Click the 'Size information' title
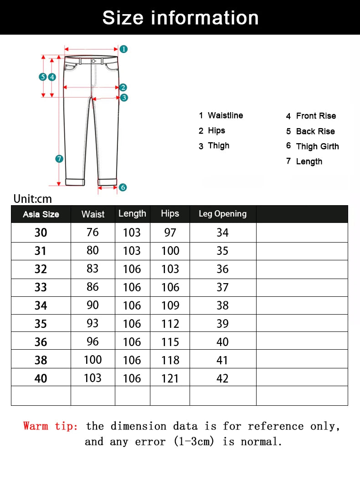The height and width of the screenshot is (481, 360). pyautogui.click(x=180, y=18)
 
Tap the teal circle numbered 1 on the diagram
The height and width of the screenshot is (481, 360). pyautogui.click(x=123, y=49)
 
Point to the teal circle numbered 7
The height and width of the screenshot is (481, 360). pyautogui.click(x=59, y=159)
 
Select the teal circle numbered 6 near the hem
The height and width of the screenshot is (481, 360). pyautogui.click(x=123, y=187)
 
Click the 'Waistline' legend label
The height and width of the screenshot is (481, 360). pyautogui.click(x=225, y=115)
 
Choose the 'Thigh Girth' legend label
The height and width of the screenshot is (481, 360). pyautogui.click(x=317, y=146)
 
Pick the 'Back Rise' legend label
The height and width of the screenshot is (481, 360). pyautogui.click(x=315, y=131)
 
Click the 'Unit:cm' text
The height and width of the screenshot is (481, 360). pyautogui.click(x=32, y=199)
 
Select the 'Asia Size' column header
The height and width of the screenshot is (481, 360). pyautogui.click(x=41, y=214)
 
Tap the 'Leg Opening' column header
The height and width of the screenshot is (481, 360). pyautogui.click(x=222, y=214)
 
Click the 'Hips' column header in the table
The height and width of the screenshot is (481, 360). pyautogui.click(x=170, y=213)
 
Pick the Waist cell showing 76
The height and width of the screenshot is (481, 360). pyautogui.click(x=93, y=232)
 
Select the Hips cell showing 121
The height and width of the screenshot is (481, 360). pyautogui.click(x=170, y=378)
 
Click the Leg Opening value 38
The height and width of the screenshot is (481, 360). pyautogui.click(x=222, y=305)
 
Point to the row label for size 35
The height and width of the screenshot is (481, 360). pyautogui.click(x=41, y=324)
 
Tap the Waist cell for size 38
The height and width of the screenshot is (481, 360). pyautogui.click(x=93, y=360)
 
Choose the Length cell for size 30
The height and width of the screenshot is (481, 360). pyautogui.click(x=132, y=233)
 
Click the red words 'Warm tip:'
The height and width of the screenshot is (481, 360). pyautogui.click(x=51, y=426)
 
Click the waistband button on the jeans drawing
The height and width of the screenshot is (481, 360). pyautogui.click(x=93, y=61)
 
